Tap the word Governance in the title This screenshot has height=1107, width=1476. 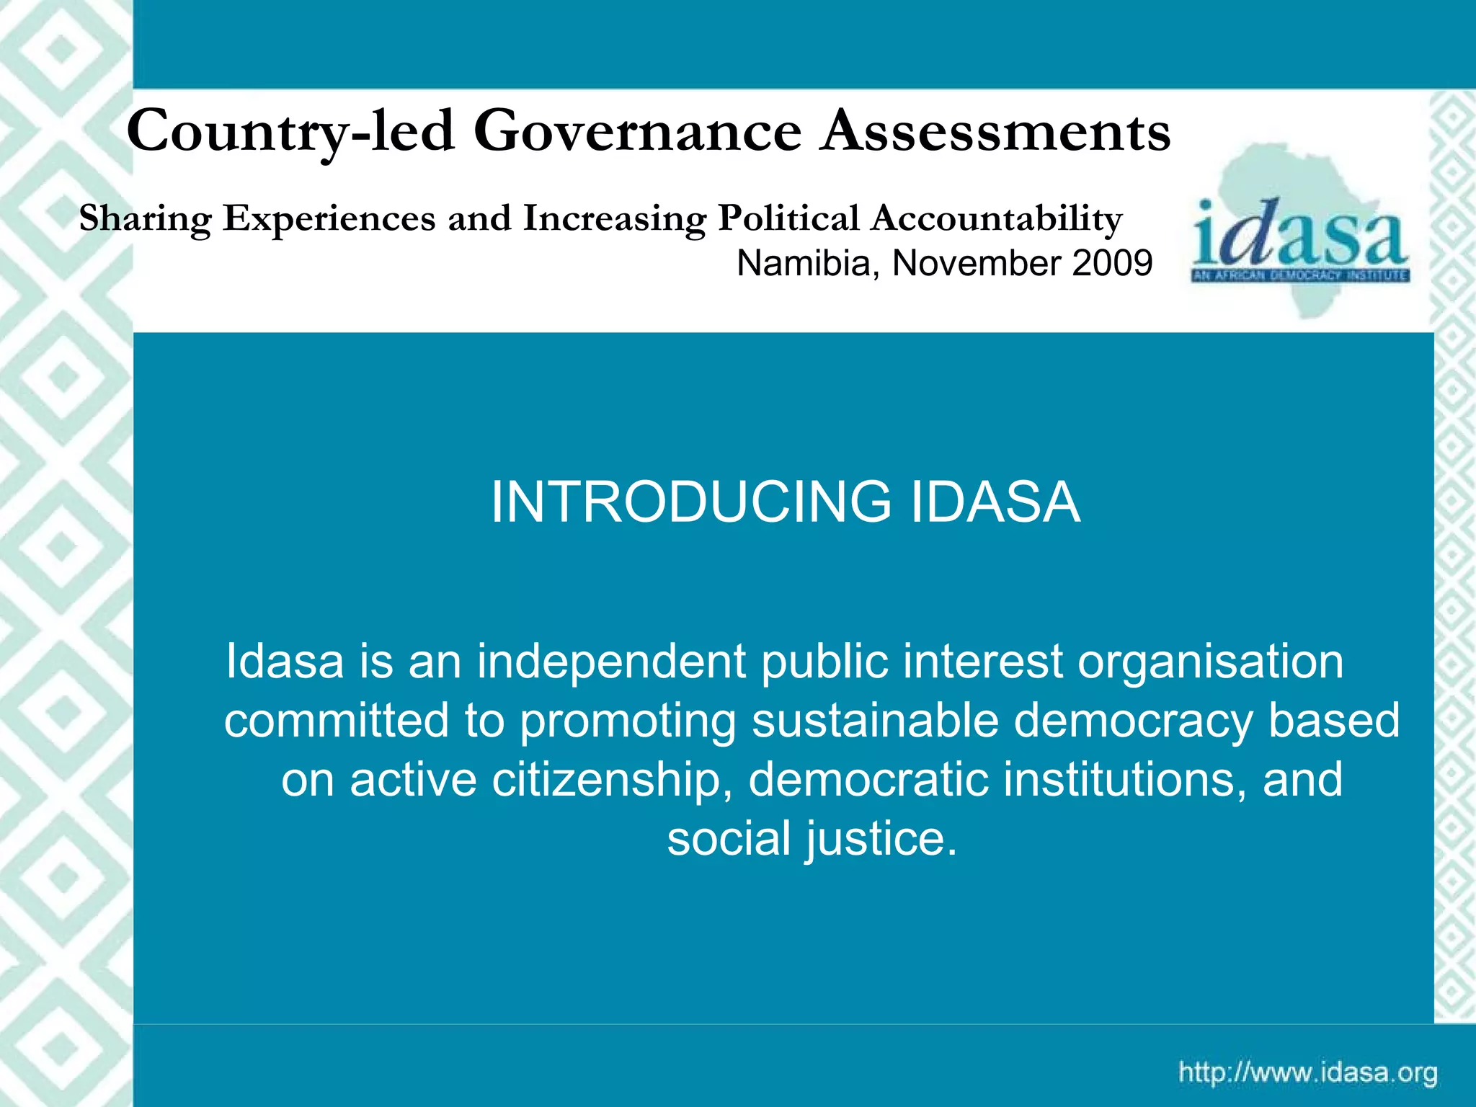tap(638, 132)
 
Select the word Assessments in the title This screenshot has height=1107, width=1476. tap(997, 132)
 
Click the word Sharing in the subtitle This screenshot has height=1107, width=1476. tap(145, 219)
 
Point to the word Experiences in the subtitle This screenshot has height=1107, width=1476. tap(329, 219)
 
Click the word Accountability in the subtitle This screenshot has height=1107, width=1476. tap(996, 219)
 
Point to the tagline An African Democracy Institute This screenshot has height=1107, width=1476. tap(1300, 276)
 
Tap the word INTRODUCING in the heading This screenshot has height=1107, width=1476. tap(691, 502)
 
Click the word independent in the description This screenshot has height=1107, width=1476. tap(611, 662)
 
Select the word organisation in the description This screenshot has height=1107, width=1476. tap(1210, 662)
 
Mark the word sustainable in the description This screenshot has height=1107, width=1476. tap(875, 721)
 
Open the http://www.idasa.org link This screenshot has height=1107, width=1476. tap(1308, 1073)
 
